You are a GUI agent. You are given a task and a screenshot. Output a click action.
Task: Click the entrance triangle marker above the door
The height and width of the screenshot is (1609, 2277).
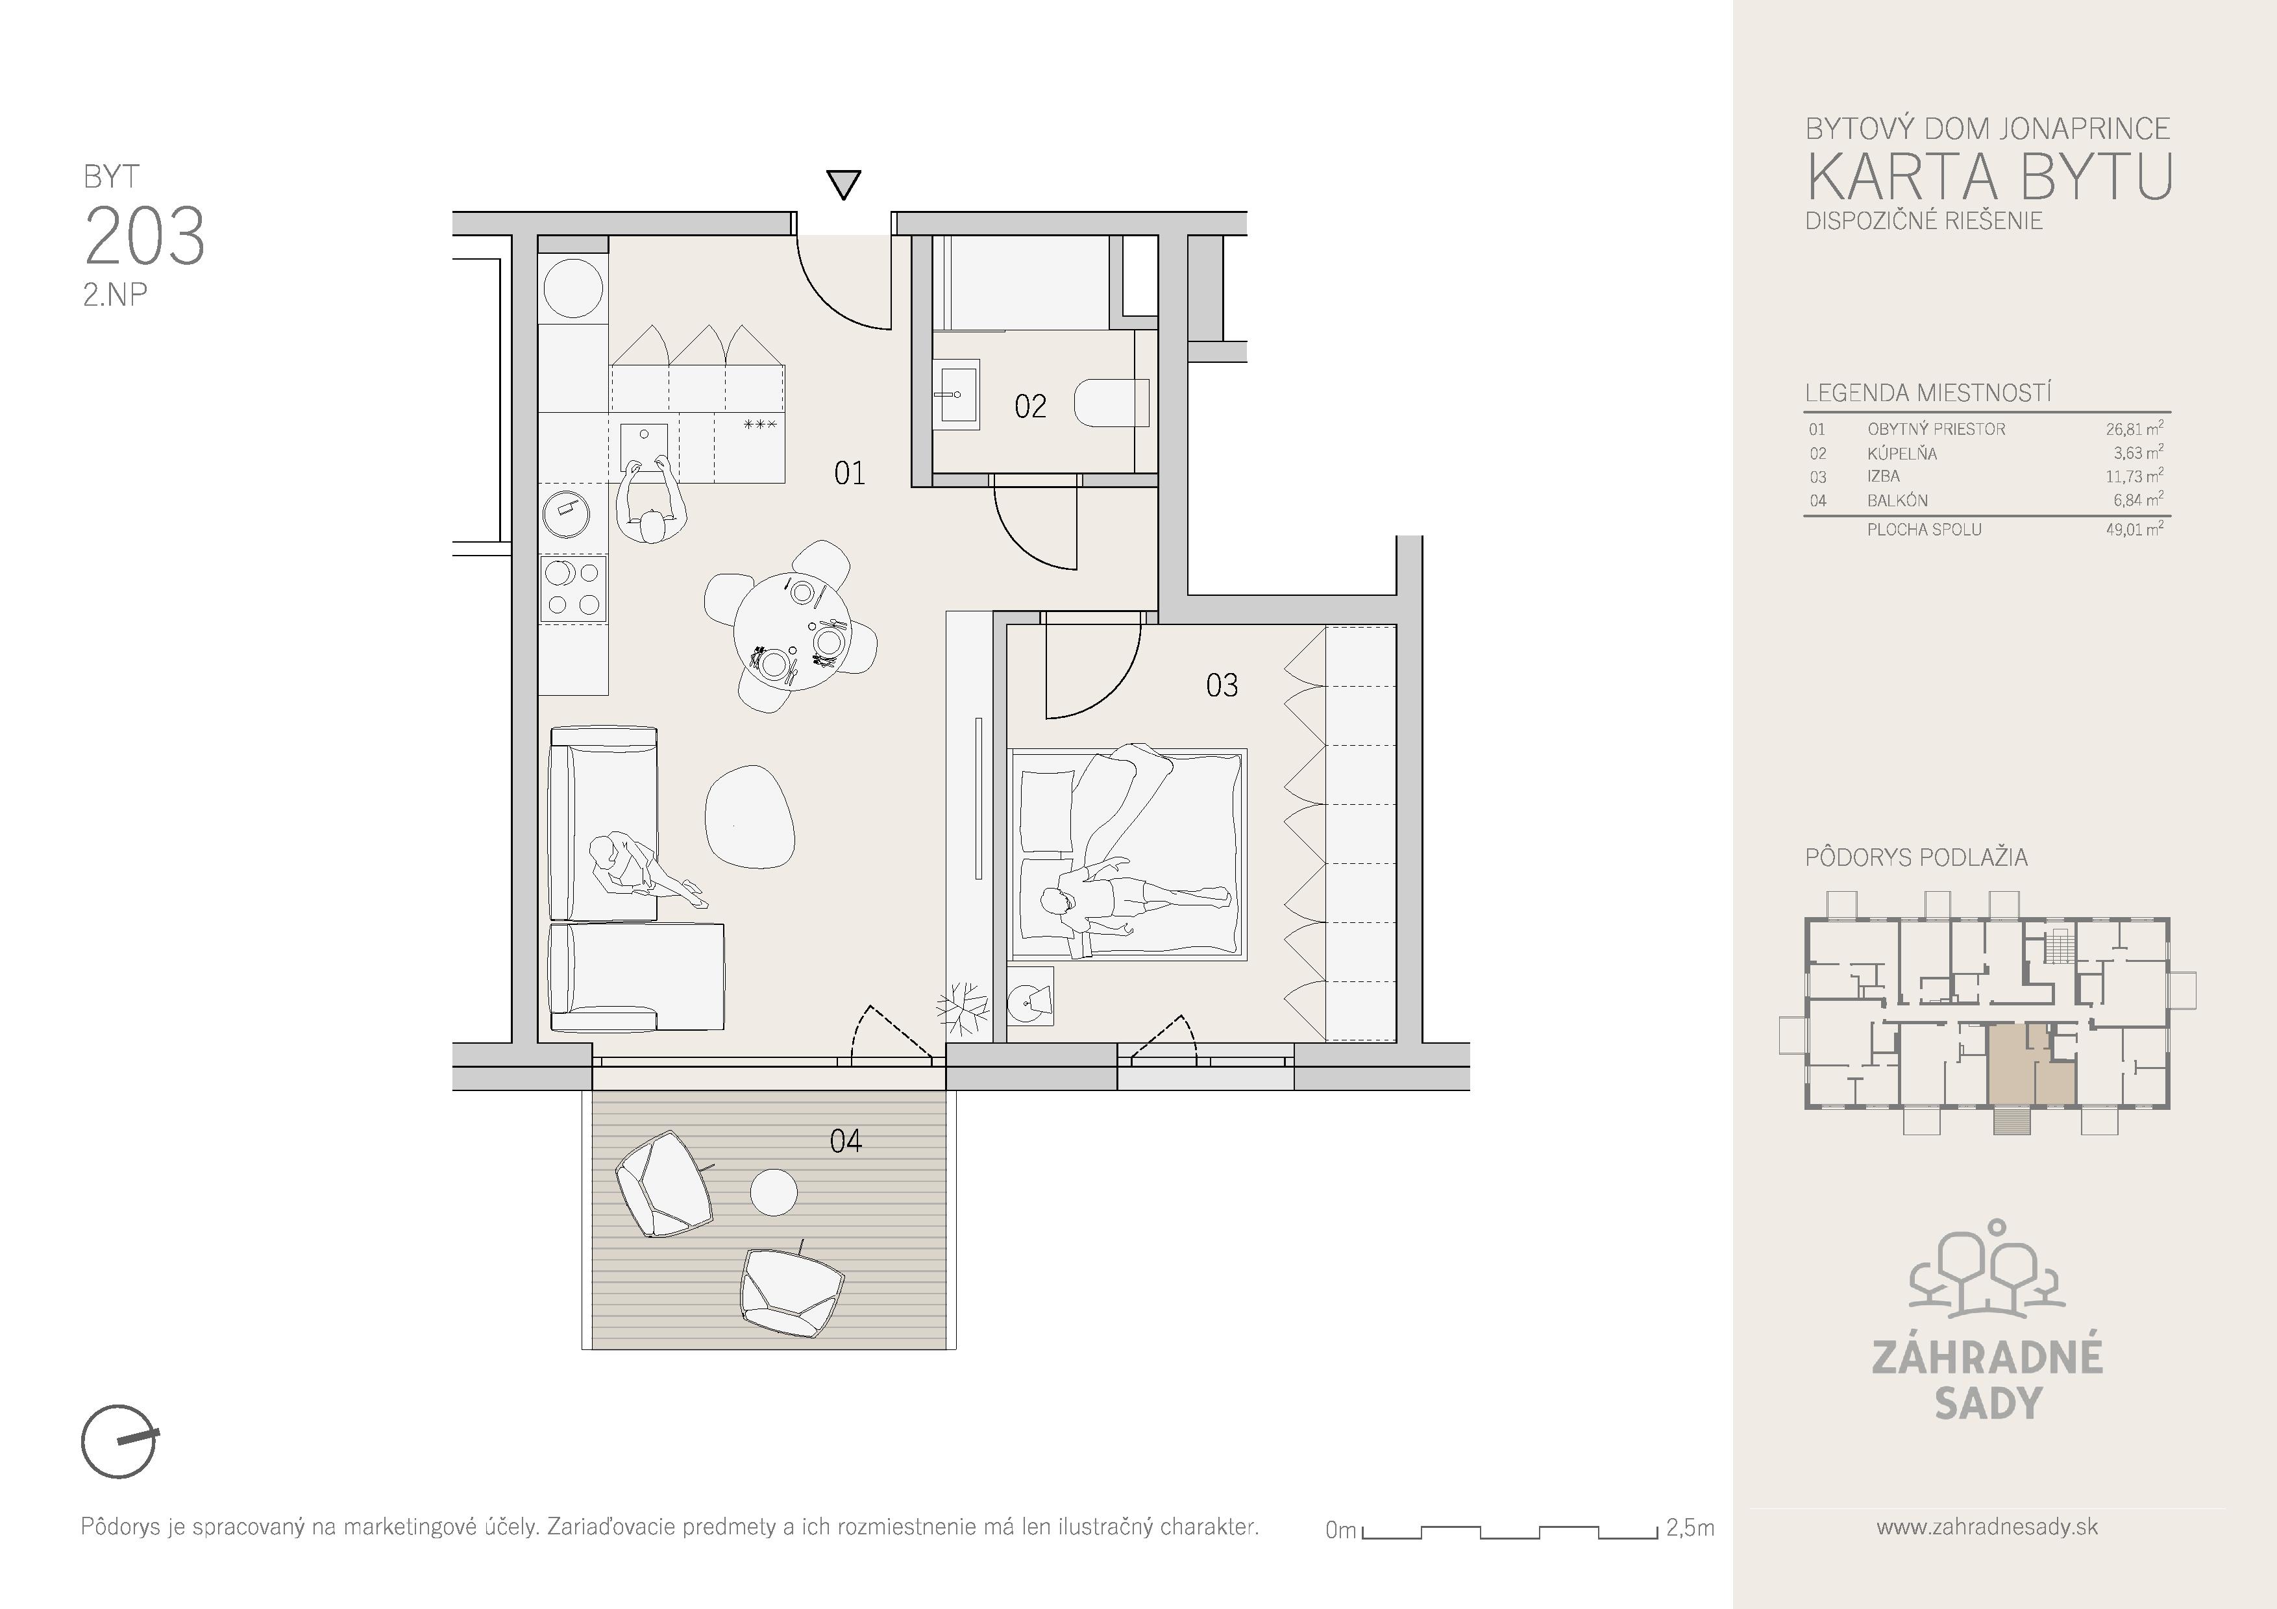pyautogui.click(x=843, y=184)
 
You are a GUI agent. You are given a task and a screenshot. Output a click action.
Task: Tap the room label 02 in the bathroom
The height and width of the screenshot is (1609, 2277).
pyautogui.click(x=1030, y=406)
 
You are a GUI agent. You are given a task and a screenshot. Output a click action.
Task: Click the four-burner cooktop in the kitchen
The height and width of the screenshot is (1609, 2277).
pyautogui.click(x=573, y=588)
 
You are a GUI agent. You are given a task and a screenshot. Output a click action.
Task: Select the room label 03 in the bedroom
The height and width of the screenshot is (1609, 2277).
pyautogui.click(x=1222, y=685)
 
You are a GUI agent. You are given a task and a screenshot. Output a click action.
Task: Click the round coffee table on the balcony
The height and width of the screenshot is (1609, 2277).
pyautogui.click(x=774, y=1192)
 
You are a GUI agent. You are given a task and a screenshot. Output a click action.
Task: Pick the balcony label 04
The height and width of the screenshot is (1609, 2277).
pyautogui.click(x=845, y=1141)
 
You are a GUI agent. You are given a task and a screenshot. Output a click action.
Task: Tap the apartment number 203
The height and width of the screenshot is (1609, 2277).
pyautogui.click(x=145, y=236)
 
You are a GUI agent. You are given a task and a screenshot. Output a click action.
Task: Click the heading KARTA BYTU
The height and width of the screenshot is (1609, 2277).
pyautogui.click(x=1988, y=177)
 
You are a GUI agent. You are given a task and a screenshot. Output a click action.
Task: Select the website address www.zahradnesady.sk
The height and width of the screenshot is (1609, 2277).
pyautogui.click(x=1988, y=1527)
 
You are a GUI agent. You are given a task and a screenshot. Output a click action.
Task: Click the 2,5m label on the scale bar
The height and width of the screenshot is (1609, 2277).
pyautogui.click(x=1690, y=1528)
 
